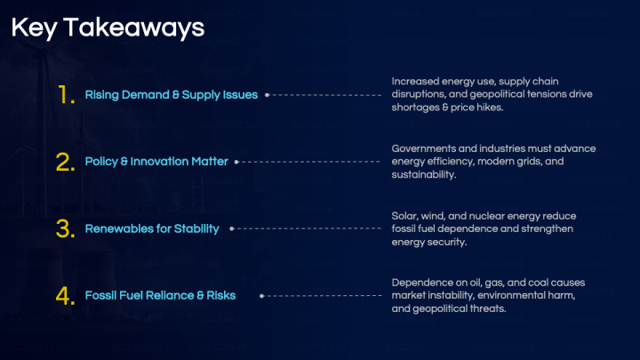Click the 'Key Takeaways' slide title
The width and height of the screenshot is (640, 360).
pyautogui.click(x=108, y=28)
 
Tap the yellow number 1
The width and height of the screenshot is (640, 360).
pyautogui.click(x=66, y=95)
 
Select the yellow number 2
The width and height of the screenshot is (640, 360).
pyautogui.click(x=65, y=162)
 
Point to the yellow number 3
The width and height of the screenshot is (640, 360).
pyautogui.click(x=65, y=228)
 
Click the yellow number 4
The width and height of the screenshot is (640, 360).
pyautogui.click(x=65, y=295)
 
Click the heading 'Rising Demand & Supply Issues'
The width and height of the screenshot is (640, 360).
pyautogui.click(x=172, y=95)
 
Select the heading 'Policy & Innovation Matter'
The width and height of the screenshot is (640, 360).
pyautogui.click(x=156, y=162)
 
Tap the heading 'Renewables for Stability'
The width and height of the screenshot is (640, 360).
pyautogui.click(x=152, y=228)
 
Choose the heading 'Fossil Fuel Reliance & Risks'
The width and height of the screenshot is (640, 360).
pyautogui.click(x=160, y=295)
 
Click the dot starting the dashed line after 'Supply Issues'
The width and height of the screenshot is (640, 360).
pyautogui.click(x=267, y=95)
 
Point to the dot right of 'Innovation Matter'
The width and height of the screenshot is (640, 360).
pyautogui.click(x=236, y=162)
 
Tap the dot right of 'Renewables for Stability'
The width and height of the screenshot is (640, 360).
pyautogui.click(x=232, y=228)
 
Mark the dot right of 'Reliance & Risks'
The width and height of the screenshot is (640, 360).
pyautogui.click(x=261, y=296)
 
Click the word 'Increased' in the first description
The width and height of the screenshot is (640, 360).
pyautogui.click(x=410, y=81)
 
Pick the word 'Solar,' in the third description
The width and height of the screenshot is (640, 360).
pyautogui.click(x=404, y=216)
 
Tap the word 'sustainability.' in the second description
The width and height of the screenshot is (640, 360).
pyautogui.click(x=424, y=175)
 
